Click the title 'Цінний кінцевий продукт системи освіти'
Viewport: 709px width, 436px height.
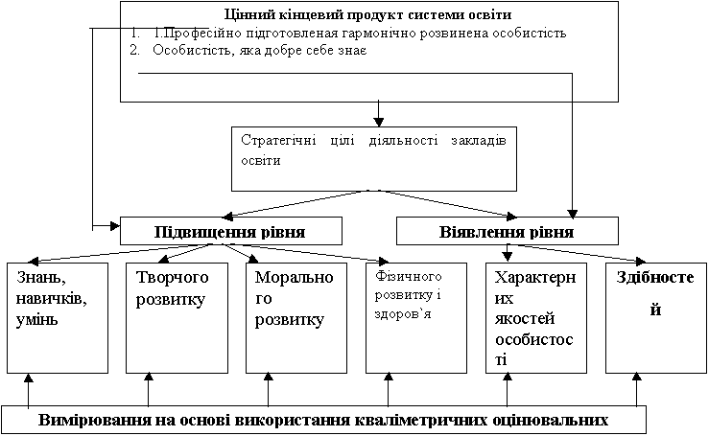click(x=367, y=14)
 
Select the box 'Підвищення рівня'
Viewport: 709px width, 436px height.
click(x=231, y=231)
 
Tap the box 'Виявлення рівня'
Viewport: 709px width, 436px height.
click(x=507, y=231)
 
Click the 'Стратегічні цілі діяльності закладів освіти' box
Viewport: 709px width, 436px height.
click(x=374, y=158)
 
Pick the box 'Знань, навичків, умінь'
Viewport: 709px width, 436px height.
click(x=58, y=318)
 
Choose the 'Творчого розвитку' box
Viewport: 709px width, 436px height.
click(x=177, y=318)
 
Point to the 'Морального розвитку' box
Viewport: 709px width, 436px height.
click(x=296, y=318)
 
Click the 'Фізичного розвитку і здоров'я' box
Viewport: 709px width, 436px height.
click(x=416, y=318)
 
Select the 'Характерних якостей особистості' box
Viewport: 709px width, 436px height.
click(x=536, y=318)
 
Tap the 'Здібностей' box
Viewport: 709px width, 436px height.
click(x=656, y=318)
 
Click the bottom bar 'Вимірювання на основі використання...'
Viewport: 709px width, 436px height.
click(x=323, y=420)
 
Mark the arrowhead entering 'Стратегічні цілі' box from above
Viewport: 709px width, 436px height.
click(x=378, y=122)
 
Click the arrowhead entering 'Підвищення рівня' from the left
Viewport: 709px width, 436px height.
click(x=115, y=225)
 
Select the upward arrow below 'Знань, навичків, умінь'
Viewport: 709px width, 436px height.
click(x=29, y=389)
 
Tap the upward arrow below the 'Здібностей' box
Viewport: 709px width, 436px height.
click(x=637, y=389)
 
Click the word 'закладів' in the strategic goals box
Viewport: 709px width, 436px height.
click(x=479, y=141)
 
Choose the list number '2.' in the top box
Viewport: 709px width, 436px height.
click(x=134, y=50)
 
